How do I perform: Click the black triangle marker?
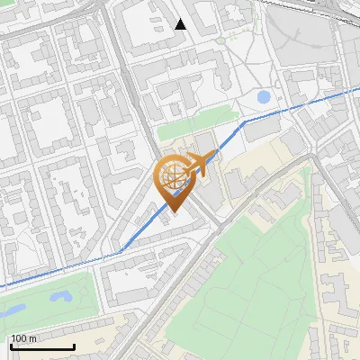pos(181,24)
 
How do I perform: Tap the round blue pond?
pos(264,96)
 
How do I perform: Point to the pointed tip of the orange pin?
pos(171,212)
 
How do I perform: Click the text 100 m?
pos(23,338)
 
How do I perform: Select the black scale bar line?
pos(41,346)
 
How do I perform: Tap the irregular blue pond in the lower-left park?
pos(60,295)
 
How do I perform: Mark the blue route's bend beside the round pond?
pos(244,121)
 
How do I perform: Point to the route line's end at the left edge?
pos(2,286)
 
